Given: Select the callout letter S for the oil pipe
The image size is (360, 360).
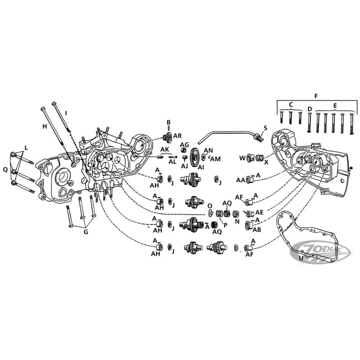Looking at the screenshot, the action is pyautogui.click(x=265, y=128).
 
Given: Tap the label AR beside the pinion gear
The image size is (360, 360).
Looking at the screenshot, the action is pyautogui.click(x=177, y=136).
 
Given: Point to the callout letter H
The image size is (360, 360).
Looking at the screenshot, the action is pyautogui.click(x=45, y=126).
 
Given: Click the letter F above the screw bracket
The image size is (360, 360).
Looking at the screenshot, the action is pyautogui.click(x=316, y=96).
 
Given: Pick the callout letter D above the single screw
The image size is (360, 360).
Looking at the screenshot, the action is pyautogui.click(x=310, y=108).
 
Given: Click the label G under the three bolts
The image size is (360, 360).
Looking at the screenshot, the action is pyautogui.click(x=85, y=232).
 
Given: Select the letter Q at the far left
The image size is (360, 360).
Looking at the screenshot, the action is pyautogui.click(x=5, y=170).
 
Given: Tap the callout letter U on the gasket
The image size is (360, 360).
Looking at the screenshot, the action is pyautogui.click(x=301, y=258).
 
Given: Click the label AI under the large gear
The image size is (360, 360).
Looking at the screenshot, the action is pyautogui.click(x=201, y=167).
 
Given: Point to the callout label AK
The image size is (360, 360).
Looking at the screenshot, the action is pyautogui.click(x=165, y=149).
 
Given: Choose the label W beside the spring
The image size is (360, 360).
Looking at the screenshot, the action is pyautogui.click(x=243, y=158).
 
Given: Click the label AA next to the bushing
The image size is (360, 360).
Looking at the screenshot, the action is pyautogui.click(x=241, y=180).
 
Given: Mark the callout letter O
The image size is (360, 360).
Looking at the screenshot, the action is pyautogui.click(x=210, y=206).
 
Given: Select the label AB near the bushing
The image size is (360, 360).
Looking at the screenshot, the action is pyautogui.click(x=257, y=229).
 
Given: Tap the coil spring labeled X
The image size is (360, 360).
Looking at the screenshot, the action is pyautogui.click(x=260, y=158).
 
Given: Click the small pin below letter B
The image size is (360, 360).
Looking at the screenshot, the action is pyautogui.click(x=169, y=127).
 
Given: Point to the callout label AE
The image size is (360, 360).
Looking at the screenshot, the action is pyautogui.click(x=259, y=212).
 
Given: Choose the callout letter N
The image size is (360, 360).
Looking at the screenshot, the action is pyautogui.click(x=237, y=221).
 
